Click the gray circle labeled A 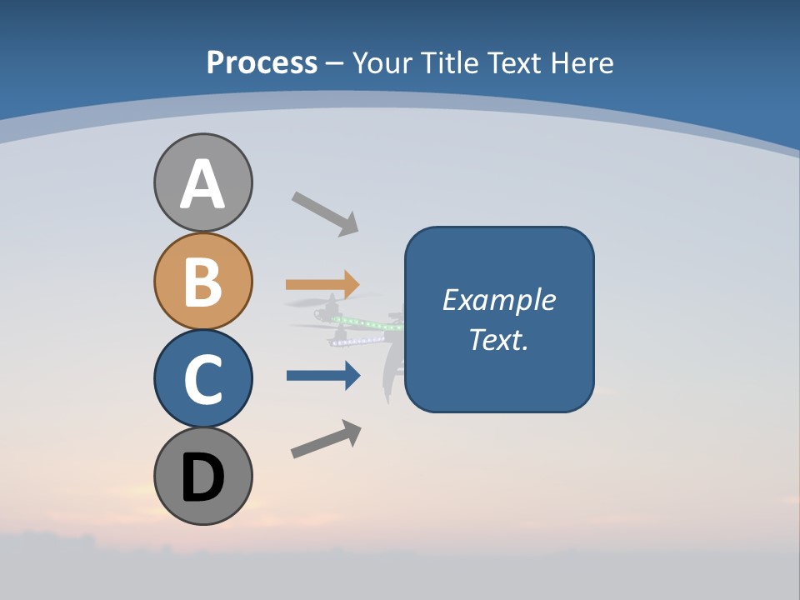coord(202,182)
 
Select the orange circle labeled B coord(202,281)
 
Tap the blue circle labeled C coord(202,378)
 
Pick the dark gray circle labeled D coord(202,476)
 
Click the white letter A coord(202,184)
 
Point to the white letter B coord(202,282)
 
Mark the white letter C coord(202,379)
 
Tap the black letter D coord(202,477)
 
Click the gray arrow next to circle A coord(325,213)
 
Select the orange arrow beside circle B coord(322,284)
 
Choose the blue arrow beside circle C coord(322,375)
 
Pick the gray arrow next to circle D coord(326,439)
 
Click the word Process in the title coord(262,63)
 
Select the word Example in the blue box coord(498,300)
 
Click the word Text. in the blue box coord(498,339)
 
